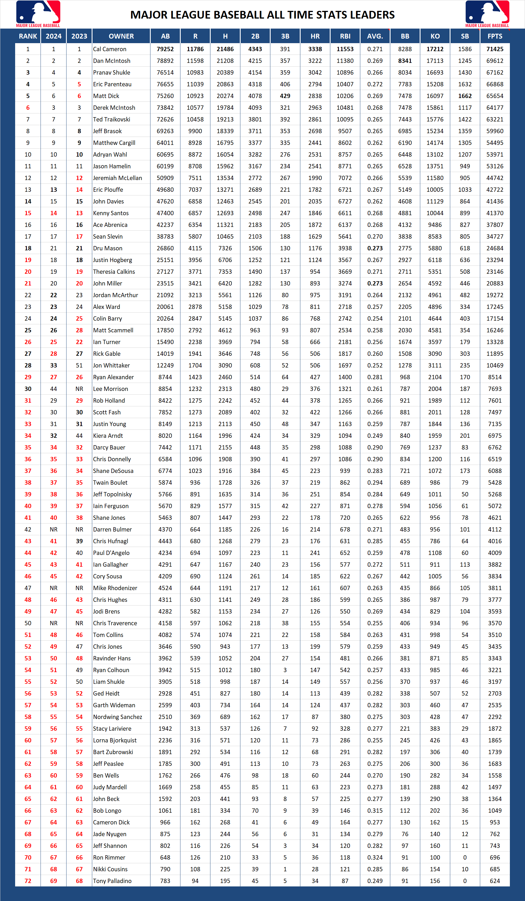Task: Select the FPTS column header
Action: (495, 36)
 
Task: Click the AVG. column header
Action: (375, 36)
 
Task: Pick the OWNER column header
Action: (121, 36)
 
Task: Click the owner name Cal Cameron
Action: (110, 49)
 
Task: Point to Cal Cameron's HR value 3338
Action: (315, 49)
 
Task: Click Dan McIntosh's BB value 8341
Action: (405, 61)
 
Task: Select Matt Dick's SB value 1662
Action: (465, 96)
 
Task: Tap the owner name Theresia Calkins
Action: (114, 272)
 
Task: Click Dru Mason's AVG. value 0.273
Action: (375, 248)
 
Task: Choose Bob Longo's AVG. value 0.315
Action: (375, 810)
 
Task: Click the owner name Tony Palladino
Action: (112, 881)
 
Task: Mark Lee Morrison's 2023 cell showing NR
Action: (79, 389)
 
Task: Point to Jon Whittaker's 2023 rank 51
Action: (79, 365)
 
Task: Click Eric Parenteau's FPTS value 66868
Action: (495, 84)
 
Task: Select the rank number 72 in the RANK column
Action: (28, 881)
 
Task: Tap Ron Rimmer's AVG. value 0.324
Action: (375, 857)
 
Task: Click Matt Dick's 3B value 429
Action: (285, 96)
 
